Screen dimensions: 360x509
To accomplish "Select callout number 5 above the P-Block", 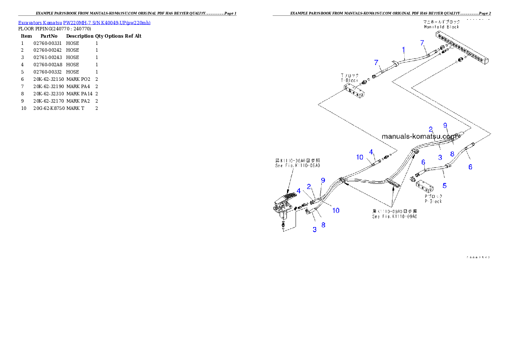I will [x=444, y=186].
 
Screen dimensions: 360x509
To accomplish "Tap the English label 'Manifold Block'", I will [x=441, y=27].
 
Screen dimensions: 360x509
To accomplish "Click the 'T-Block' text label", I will [x=349, y=80].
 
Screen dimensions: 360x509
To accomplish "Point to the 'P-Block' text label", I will [x=433, y=201].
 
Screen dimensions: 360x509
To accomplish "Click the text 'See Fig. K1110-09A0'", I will [x=394, y=217].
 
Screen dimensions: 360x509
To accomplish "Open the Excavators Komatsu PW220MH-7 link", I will [x=84, y=22].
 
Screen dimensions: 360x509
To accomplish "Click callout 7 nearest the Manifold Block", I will [x=422, y=43].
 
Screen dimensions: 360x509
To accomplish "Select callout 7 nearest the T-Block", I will [x=376, y=62].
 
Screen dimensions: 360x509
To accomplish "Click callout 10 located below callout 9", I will [x=336, y=210].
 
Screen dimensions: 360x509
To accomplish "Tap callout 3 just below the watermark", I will [x=440, y=157].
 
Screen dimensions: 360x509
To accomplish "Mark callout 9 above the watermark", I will [x=445, y=125].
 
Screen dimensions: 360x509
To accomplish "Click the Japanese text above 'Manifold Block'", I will [x=441, y=21].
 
